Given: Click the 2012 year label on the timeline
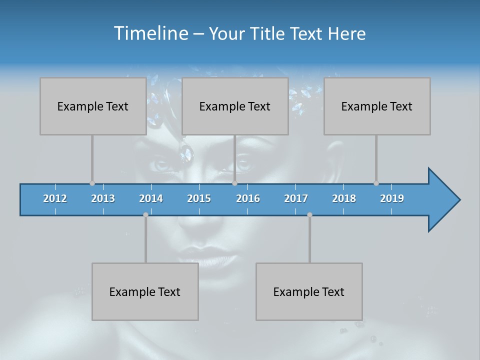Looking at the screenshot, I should coord(55,198).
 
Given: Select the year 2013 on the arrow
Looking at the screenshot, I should coord(103,198).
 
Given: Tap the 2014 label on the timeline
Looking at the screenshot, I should coord(151,198).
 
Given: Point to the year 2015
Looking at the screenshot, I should coord(199,198).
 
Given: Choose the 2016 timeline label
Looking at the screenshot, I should coord(248,198).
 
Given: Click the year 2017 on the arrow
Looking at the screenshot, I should coord(296,198).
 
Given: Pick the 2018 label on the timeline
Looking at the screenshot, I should coord(344,198).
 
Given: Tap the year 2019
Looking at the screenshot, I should coord(392,198).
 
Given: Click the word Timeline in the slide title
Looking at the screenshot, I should coord(150,33).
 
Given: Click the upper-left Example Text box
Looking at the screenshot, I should coord(93,106).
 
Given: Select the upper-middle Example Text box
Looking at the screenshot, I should coord(235,106).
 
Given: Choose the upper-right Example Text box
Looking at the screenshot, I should coord(377,106).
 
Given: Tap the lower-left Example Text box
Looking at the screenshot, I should coord(145,291).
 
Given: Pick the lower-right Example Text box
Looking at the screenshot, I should coord(309,291).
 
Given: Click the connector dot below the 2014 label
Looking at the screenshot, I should coord(145,214).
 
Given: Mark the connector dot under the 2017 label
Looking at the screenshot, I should coord(309,214).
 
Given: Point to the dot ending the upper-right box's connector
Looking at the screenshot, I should coord(376,183).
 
